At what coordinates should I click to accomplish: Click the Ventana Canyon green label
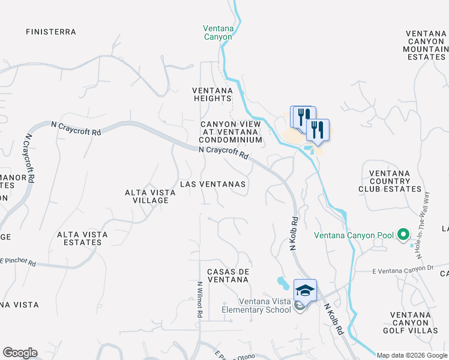click(x=217, y=32)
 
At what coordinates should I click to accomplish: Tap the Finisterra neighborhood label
click(x=51, y=31)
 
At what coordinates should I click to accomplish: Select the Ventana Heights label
click(x=212, y=94)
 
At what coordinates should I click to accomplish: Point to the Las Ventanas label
click(x=212, y=184)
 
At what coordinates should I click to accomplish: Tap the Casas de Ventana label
click(x=228, y=276)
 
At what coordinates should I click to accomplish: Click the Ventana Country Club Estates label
click(x=390, y=181)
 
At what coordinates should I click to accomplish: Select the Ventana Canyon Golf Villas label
click(x=418, y=323)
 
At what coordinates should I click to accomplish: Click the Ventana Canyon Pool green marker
click(x=403, y=235)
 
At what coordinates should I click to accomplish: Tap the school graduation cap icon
click(x=305, y=290)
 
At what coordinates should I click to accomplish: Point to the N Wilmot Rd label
click(x=199, y=300)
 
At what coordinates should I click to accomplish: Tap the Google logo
click(x=20, y=353)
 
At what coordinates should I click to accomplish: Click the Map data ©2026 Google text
click(x=412, y=355)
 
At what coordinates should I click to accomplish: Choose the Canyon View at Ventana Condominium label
click(x=231, y=132)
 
